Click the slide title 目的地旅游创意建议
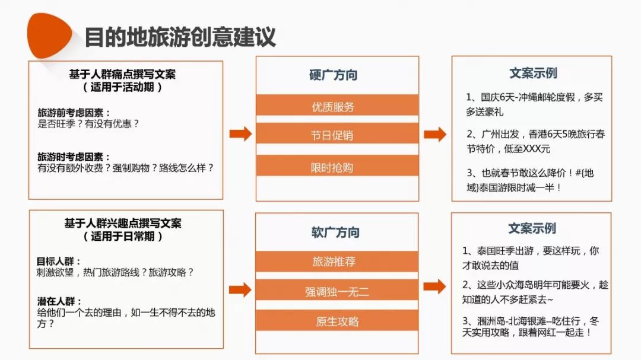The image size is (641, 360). (180, 37)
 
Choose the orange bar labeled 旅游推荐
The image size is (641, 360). (337, 262)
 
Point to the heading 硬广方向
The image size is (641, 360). (333, 75)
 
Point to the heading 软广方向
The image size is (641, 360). (335, 232)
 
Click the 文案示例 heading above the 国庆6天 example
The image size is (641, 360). (533, 73)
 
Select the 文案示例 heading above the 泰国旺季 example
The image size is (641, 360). (532, 228)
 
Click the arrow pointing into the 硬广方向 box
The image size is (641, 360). (240, 134)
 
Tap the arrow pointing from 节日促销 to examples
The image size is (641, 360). (435, 134)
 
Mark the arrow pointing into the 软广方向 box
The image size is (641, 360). (240, 289)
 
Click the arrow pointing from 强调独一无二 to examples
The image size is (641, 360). (434, 286)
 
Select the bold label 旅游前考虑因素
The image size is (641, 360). (74, 113)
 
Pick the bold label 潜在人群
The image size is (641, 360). (59, 301)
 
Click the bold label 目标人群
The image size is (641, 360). (59, 261)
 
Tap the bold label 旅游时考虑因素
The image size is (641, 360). (74, 157)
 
